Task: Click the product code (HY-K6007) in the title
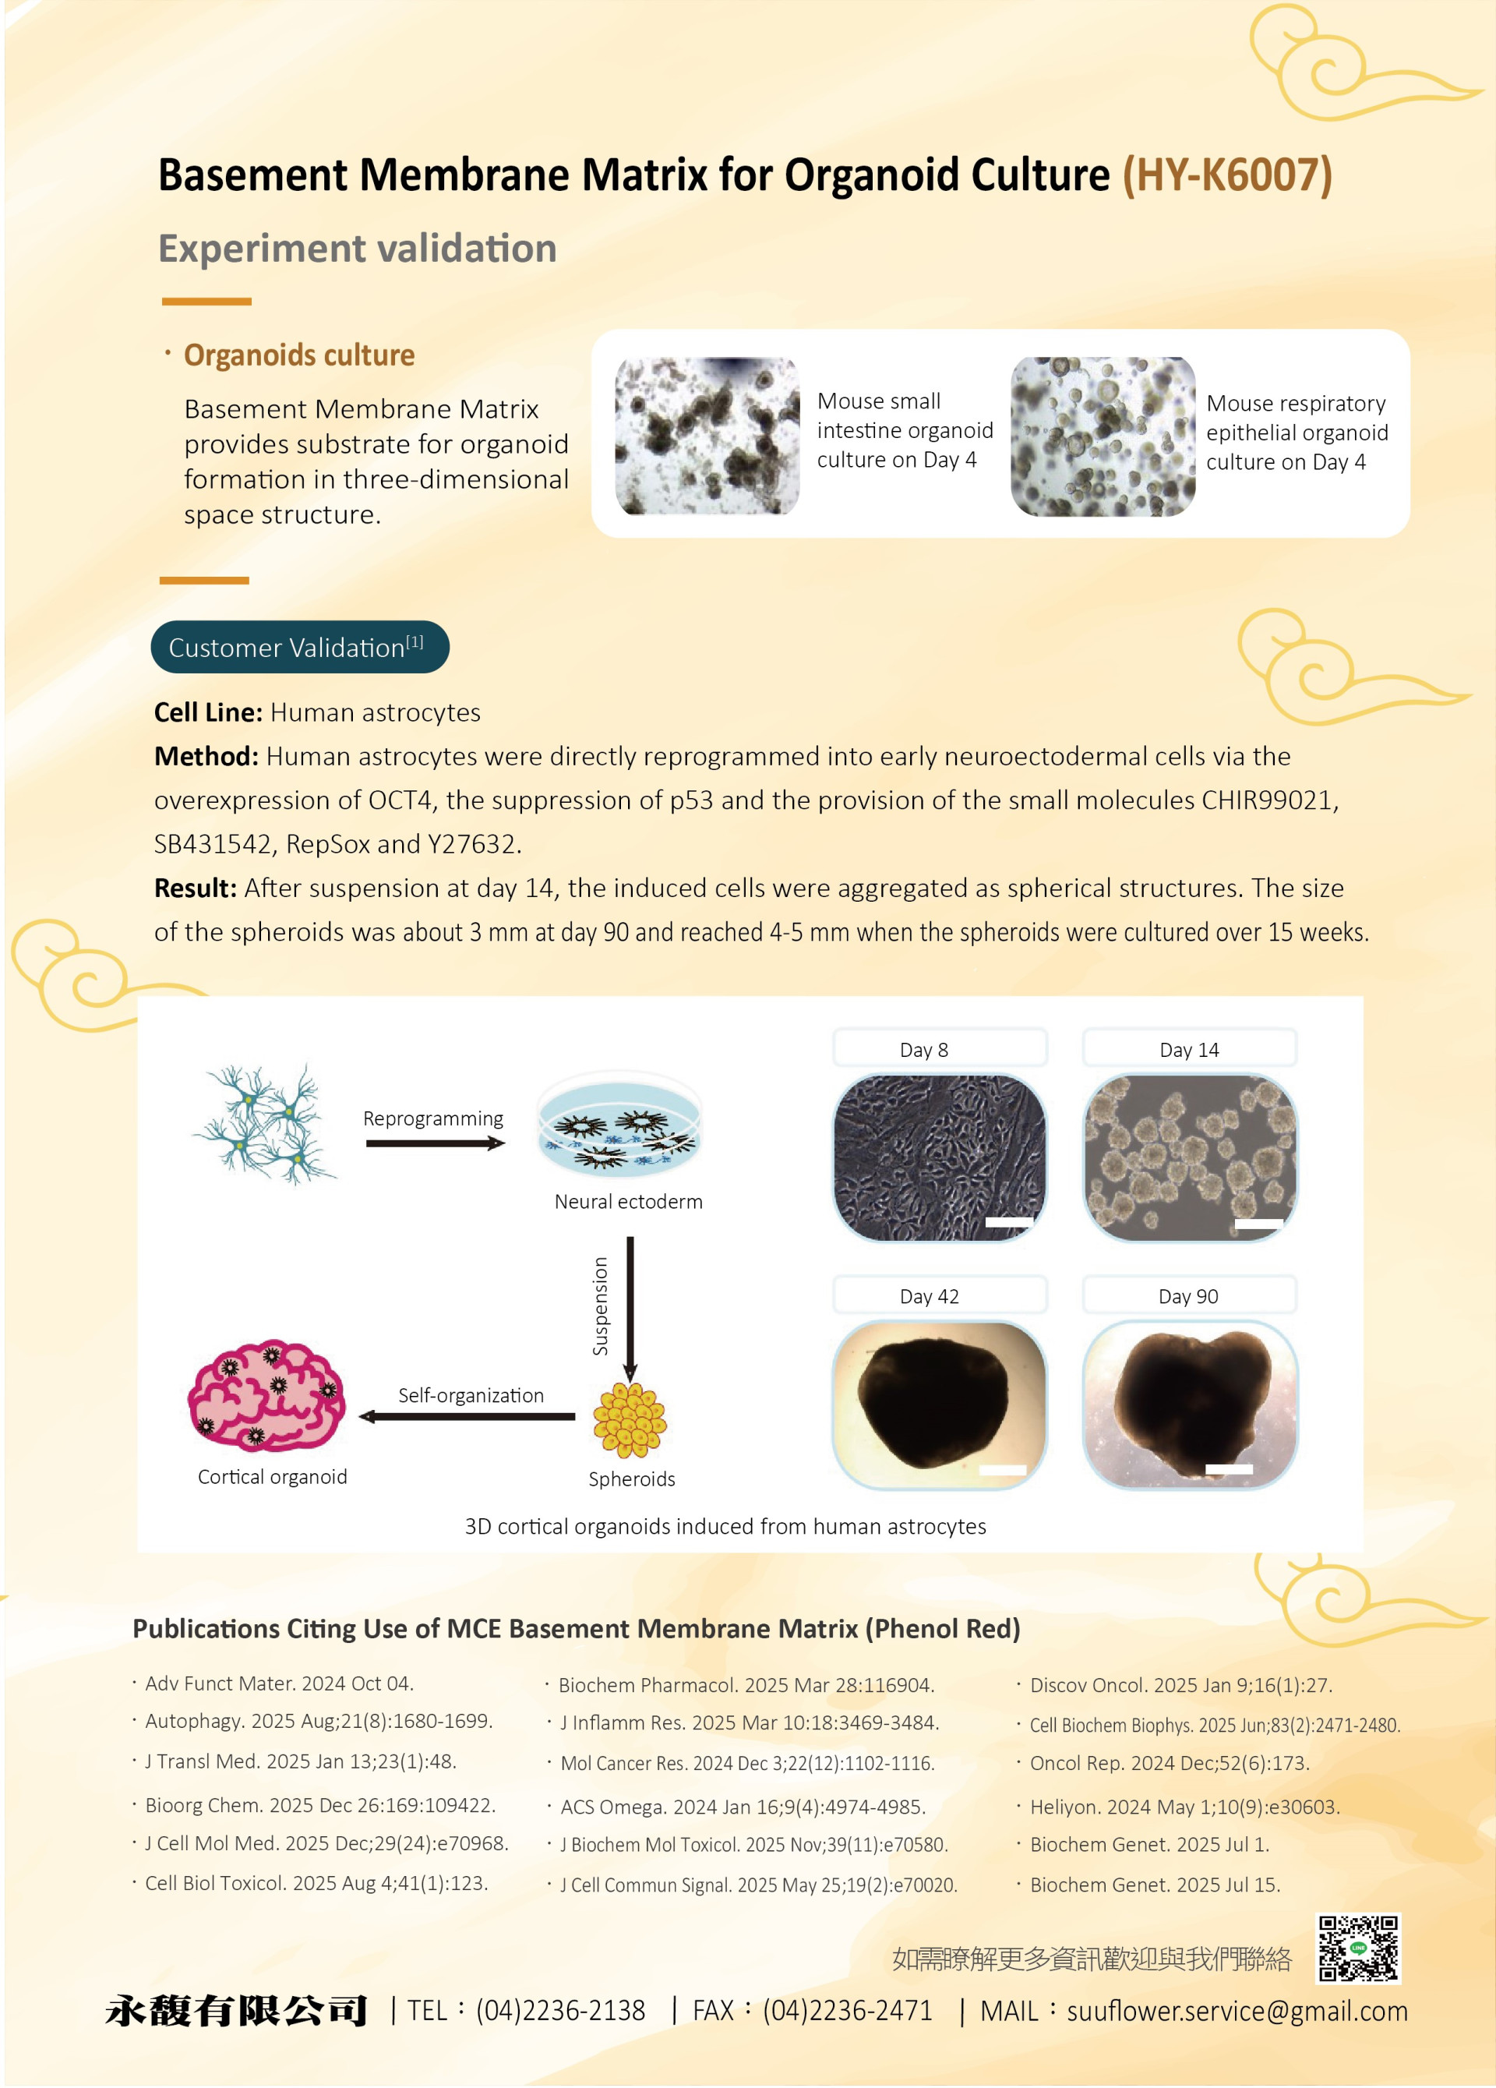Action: (1226, 175)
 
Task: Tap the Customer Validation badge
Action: (299, 647)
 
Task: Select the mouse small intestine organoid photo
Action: (707, 436)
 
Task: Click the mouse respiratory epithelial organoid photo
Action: (1102, 436)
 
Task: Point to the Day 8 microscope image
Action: (939, 1157)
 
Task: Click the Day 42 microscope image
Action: (939, 1404)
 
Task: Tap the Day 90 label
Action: (1187, 1296)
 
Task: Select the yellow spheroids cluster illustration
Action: (630, 1421)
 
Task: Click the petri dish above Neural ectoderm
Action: (619, 1124)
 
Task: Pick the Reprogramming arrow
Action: (435, 1143)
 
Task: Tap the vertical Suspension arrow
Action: (630, 1307)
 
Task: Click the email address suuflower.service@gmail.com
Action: (1237, 2011)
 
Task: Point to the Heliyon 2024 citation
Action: (1184, 1807)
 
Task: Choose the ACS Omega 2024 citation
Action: (742, 1807)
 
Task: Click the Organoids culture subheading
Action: (299, 355)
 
